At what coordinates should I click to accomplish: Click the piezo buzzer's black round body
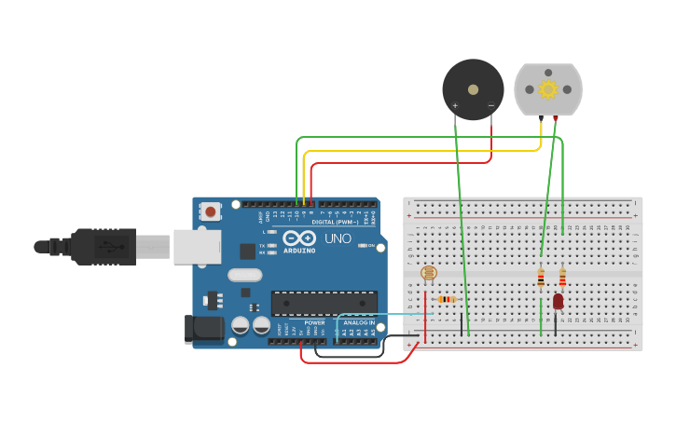point(473,89)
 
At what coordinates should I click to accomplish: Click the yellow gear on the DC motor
point(547,89)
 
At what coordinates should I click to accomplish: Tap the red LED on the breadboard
point(558,301)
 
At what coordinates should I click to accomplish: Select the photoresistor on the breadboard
point(428,273)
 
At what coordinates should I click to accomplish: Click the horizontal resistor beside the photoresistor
point(447,299)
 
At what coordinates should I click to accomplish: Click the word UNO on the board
point(338,239)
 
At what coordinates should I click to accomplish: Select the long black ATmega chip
point(324,303)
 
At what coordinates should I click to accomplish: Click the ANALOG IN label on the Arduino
point(358,322)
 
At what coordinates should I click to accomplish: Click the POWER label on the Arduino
point(314,322)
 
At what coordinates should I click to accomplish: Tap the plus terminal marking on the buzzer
point(455,106)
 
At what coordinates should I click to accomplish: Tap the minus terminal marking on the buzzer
point(491,106)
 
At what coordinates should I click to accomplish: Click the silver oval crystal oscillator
point(244,275)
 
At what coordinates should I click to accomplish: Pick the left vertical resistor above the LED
point(541,278)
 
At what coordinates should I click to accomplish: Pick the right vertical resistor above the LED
point(562,278)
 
